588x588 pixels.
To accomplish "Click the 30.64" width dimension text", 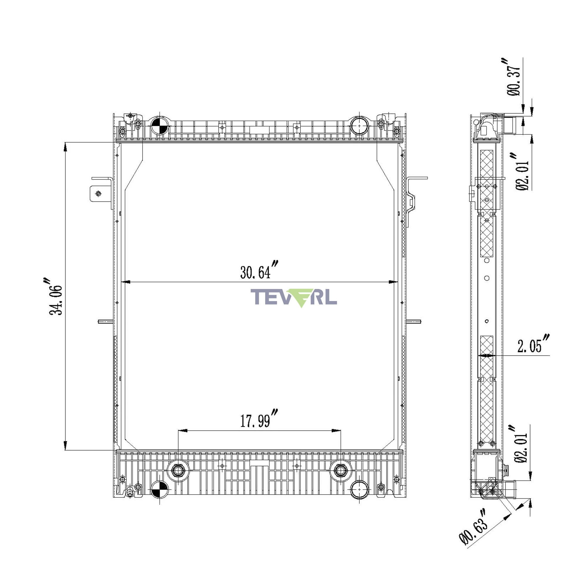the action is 259,270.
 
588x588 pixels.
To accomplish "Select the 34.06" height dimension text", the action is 55,296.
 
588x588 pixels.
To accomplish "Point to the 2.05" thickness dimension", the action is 534,344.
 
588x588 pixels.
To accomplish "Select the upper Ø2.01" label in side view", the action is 522,172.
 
